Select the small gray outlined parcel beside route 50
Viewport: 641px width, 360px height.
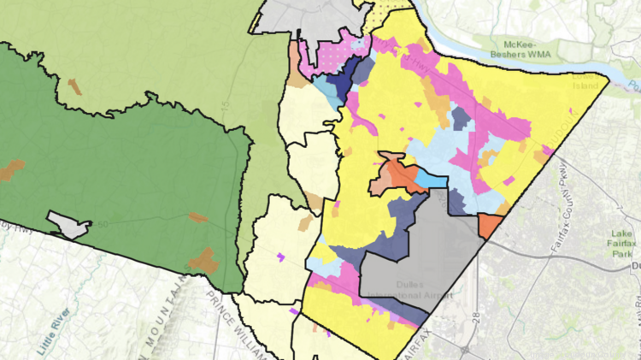coord(68,224)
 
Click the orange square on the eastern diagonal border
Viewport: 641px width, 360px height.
coord(490,226)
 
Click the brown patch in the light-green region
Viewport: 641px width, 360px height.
coord(75,86)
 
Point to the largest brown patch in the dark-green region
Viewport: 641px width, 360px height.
coord(203,258)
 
